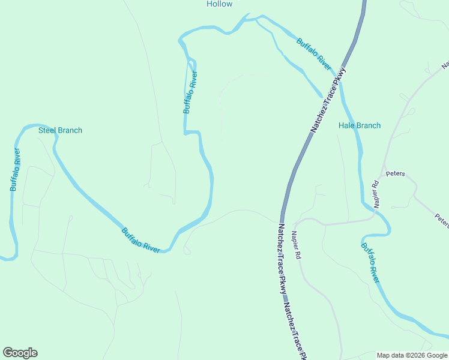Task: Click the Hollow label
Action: pos(219,4)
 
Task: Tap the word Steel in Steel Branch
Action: pos(47,130)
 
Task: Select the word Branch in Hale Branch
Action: pos(369,125)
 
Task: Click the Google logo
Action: pos(20,353)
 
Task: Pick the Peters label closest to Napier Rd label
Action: pos(396,174)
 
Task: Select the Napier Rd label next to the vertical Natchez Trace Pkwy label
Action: pos(296,245)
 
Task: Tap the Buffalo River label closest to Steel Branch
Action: pos(16,170)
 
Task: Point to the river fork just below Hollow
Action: pos(256,20)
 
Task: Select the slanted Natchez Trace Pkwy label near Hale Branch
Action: pos(328,100)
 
